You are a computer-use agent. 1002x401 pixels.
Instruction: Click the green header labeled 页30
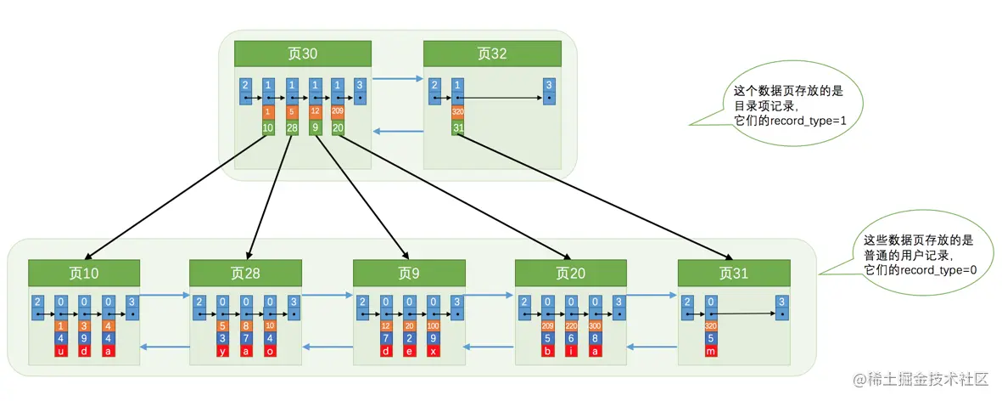pyautogui.click(x=304, y=54)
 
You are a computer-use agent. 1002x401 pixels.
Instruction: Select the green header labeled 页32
pyautogui.click(x=492, y=54)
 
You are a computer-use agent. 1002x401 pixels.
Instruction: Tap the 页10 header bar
pyautogui.click(x=85, y=273)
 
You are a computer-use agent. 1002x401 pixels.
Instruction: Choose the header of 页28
pyautogui.click(x=246, y=273)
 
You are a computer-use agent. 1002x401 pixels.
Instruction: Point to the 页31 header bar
pyautogui.click(x=734, y=273)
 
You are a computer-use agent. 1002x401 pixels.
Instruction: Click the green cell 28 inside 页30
pyautogui.click(x=292, y=128)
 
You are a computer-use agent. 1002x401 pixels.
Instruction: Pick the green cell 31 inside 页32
pyautogui.click(x=458, y=128)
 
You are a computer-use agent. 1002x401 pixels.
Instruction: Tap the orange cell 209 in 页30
pyautogui.click(x=338, y=111)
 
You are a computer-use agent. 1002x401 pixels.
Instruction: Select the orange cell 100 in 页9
pyautogui.click(x=433, y=325)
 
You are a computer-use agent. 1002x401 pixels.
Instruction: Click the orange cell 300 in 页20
pyautogui.click(x=595, y=325)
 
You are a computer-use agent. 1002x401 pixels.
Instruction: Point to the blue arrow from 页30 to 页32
pyautogui.click(x=397, y=80)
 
